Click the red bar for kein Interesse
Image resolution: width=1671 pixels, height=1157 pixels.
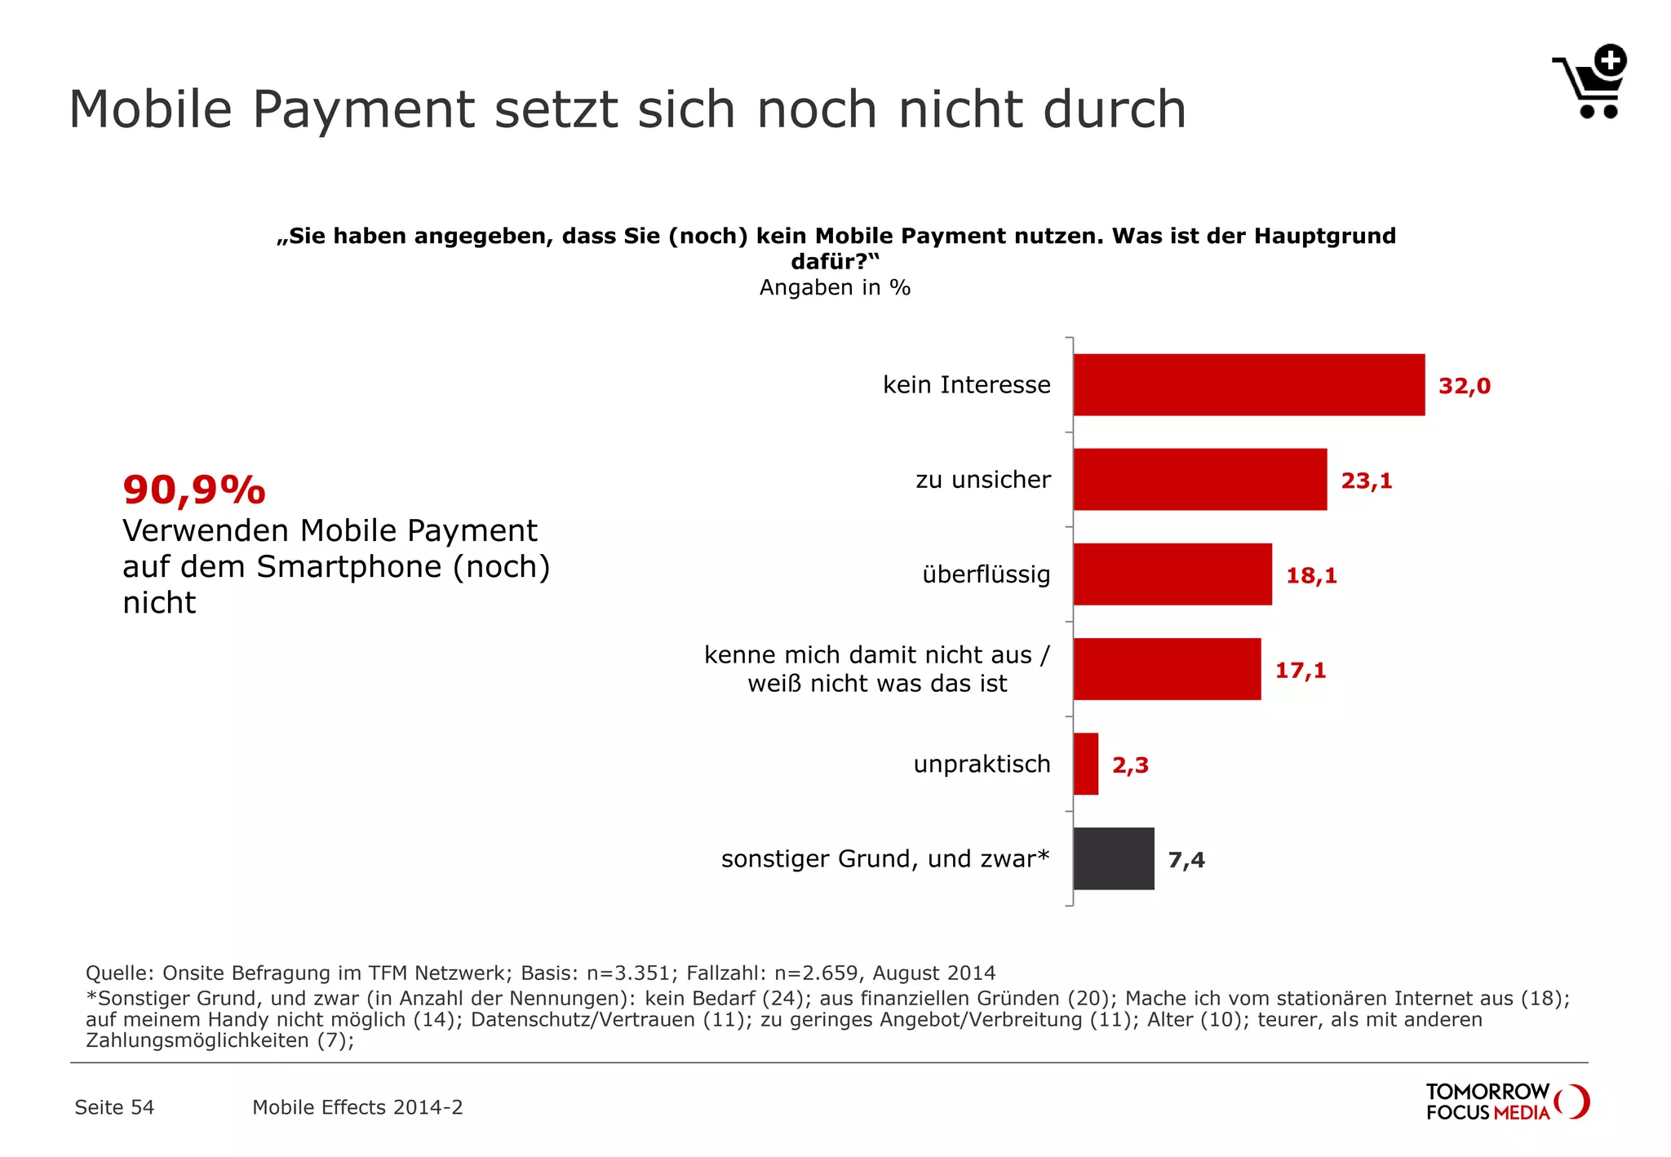pos(1248,385)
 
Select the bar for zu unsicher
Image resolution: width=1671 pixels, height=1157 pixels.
pos(1199,480)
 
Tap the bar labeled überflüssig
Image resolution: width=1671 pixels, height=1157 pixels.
pos(1172,574)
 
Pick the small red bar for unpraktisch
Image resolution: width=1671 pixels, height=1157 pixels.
pos(1085,764)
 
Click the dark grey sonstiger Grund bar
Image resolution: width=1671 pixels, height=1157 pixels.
pos(1113,858)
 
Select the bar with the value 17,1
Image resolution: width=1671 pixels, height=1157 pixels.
pos(1167,669)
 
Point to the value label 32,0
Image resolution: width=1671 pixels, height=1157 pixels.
pos(1464,386)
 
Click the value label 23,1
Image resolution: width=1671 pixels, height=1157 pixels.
pos(1366,481)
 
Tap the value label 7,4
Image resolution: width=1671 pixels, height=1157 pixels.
pos(1186,860)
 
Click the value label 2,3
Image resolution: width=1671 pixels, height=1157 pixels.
pos(1130,765)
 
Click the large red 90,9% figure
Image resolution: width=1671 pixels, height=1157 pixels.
pos(194,490)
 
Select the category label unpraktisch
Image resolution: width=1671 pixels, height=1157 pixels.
pos(982,765)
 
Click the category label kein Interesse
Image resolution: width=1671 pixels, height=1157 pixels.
pos(966,385)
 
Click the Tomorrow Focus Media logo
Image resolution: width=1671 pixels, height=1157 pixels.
pos(1506,1102)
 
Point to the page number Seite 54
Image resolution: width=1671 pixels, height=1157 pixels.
pos(114,1107)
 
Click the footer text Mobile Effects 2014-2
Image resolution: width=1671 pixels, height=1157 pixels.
pos(357,1107)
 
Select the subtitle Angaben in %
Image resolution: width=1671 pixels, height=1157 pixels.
pos(835,288)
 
